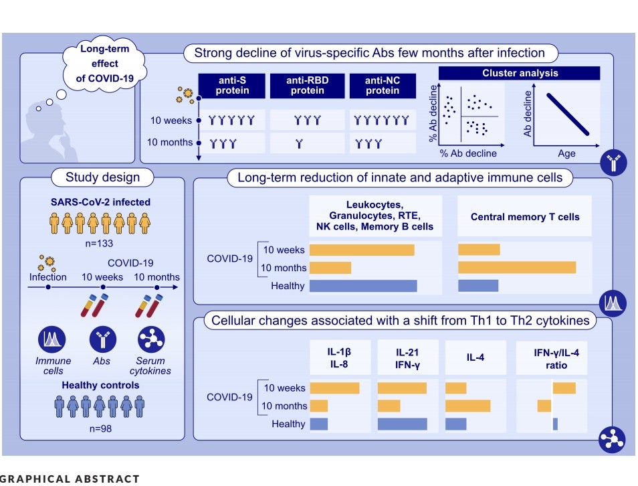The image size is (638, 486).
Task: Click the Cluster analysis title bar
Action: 519,73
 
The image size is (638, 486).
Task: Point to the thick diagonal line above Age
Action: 568,114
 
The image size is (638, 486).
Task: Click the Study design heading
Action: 102,177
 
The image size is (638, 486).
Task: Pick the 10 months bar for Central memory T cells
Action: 517,268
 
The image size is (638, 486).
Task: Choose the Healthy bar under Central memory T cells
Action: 478,286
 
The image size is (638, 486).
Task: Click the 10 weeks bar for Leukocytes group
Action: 362,250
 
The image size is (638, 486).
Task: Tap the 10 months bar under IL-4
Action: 467,406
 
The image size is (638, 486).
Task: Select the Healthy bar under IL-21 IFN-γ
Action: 403,424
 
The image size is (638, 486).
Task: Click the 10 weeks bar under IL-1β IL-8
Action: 334,388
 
